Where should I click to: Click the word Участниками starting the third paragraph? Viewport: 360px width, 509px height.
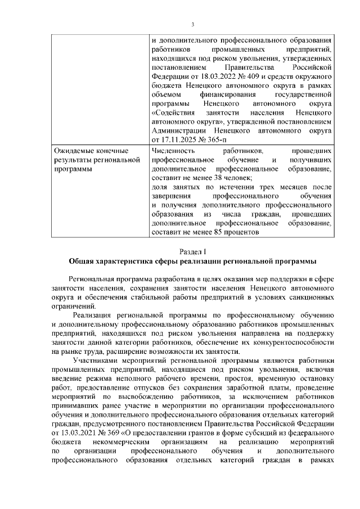[95, 361]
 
